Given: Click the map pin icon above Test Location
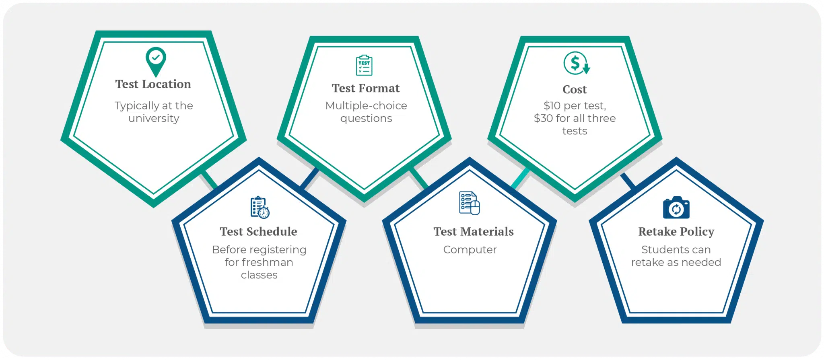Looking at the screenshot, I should [x=156, y=61].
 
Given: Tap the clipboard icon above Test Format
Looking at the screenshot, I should [x=364, y=65].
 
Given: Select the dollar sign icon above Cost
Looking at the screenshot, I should [x=576, y=63].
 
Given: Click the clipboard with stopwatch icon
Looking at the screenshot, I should [x=260, y=208].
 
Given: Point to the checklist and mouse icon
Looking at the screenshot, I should [x=470, y=203].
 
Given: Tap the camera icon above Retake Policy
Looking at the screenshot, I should [x=676, y=208].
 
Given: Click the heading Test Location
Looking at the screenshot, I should [x=153, y=84].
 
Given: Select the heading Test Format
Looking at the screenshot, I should [x=366, y=88].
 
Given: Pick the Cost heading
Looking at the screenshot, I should [x=575, y=89].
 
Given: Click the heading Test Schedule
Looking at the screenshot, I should [x=258, y=231].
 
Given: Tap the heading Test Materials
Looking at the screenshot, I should [x=474, y=231].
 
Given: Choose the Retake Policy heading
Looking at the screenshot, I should [x=676, y=231].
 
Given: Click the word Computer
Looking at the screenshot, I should [x=470, y=250].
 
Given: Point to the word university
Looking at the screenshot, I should [x=154, y=119].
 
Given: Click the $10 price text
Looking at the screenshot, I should [x=552, y=106].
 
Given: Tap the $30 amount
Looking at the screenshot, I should [x=543, y=118].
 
